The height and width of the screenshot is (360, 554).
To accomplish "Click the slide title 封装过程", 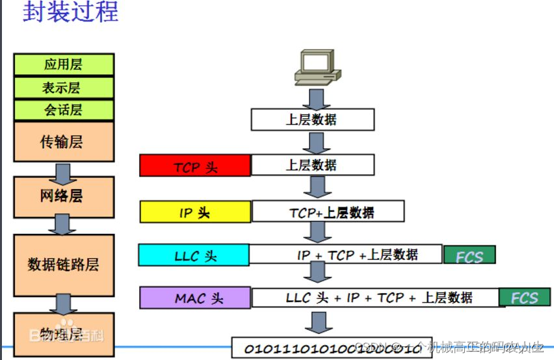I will pyautogui.click(x=71, y=12).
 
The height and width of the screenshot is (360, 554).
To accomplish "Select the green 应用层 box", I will pyautogui.click(x=64, y=64).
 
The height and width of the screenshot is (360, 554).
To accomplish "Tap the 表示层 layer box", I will pyautogui.click(x=64, y=87).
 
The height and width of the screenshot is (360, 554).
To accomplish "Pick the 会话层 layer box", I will pyautogui.click(x=64, y=109).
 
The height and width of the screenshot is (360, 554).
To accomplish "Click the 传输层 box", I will pyautogui.click(x=64, y=141).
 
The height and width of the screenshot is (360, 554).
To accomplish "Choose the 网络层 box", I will pyautogui.click(x=64, y=195).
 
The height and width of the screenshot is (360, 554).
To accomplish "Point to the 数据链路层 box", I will pyautogui.click(x=64, y=264).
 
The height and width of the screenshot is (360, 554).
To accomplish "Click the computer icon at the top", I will pyautogui.click(x=316, y=68).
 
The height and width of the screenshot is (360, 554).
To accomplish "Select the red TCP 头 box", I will pyautogui.click(x=195, y=166).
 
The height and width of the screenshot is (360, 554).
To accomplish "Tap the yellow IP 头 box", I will pyautogui.click(x=195, y=212).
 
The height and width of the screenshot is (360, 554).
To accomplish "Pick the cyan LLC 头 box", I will pyautogui.click(x=194, y=255).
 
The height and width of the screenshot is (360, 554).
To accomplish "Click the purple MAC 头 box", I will pyautogui.click(x=195, y=298).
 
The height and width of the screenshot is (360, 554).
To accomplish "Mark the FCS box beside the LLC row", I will pyautogui.click(x=469, y=255).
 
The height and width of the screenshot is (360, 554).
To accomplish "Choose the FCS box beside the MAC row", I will pyautogui.click(x=524, y=298).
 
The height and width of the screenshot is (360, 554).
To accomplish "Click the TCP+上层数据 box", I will pyautogui.click(x=328, y=211).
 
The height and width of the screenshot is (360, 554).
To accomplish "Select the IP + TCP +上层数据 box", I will pyautogui.click(x=346, y=254).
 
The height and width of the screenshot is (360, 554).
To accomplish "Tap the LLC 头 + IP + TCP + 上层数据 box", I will pyautogui.click(x=375, y=298).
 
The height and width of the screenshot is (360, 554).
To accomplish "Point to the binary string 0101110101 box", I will pyautogui.click(x=332, y=348).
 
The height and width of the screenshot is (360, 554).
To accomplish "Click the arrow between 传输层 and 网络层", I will pyautogui.click(x=63, y=172).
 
